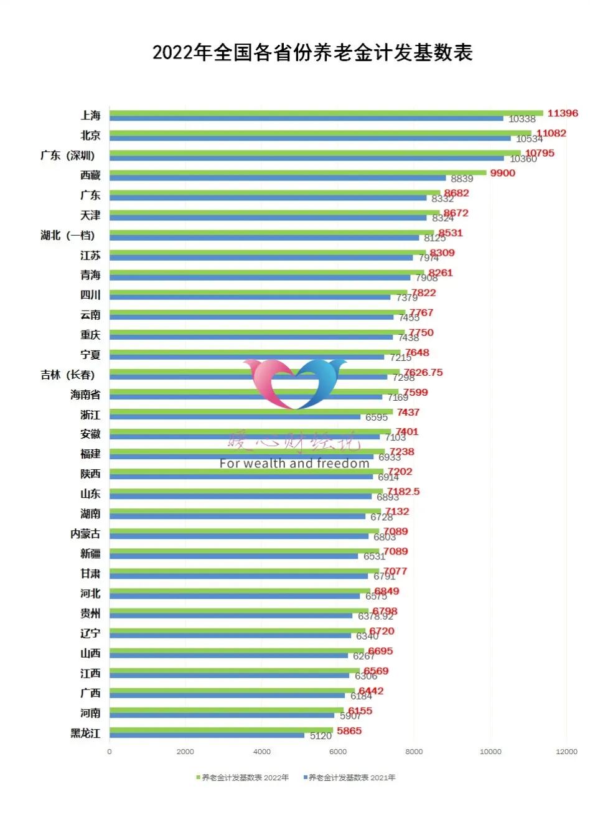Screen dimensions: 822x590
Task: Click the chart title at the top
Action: click(x=312, y=53)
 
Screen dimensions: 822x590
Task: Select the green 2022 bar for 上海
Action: click(x=326, y=113)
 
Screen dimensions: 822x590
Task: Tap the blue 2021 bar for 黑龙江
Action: click(x=207, y=735)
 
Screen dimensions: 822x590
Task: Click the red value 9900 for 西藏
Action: click(x=502, y=173)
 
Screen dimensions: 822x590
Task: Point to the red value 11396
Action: click(x=563, y=113)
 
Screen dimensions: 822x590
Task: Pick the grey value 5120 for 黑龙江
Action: click(x=321, y=736)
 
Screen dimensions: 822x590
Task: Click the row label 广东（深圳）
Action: click(x=68, y=156)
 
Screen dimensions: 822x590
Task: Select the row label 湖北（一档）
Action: click(x=68, y=235)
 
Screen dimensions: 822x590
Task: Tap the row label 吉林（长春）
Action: click(x=68, y=375)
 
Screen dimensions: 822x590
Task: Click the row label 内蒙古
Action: click(x=85, y=534)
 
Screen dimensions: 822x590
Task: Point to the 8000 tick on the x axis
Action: click(x=414, y=752)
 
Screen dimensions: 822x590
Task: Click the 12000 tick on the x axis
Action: click(x=566, y=752)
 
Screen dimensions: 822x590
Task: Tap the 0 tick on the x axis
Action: click(x=110, y=752)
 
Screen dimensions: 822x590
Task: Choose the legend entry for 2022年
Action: click(x=243, y=777)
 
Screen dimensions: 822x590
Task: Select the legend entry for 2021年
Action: click(x=350, y=777)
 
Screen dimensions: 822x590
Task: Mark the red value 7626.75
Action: click(x=423, y=372)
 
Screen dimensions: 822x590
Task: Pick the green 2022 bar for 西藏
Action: click(x=297, y=172)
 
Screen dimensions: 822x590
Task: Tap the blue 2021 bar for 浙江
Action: click(x=235, y=417)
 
